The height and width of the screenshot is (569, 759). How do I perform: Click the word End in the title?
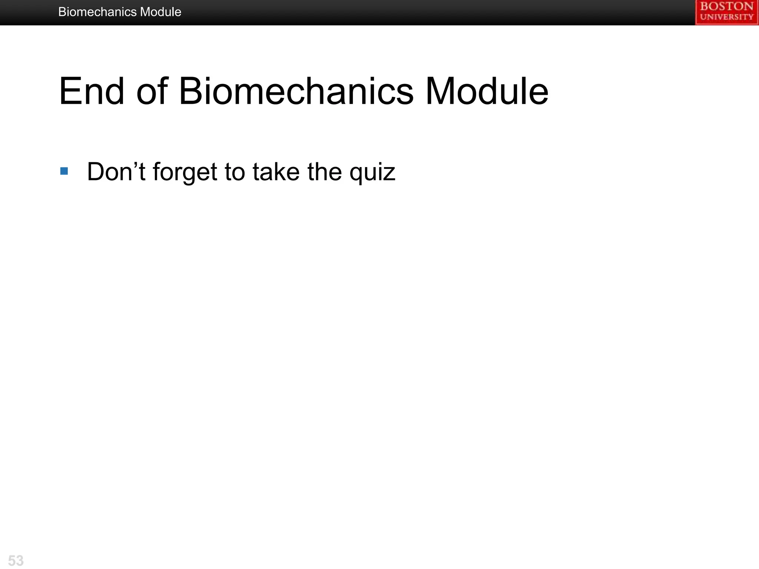click(91, 91)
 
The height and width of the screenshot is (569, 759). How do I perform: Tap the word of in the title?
click(152, 91)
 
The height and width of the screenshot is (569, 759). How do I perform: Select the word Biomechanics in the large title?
click(296, 91)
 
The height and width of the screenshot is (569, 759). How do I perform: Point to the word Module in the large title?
click(486, 91)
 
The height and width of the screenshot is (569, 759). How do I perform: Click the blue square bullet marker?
click(64, 171)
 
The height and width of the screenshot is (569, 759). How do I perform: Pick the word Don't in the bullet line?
click(116, 172)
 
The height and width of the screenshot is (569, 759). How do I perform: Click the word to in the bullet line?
click(235, 172)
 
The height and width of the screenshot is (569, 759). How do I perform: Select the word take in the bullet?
click(276, 172)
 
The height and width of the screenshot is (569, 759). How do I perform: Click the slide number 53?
click(16, 560)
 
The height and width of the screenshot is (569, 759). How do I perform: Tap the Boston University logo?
click(727, 13)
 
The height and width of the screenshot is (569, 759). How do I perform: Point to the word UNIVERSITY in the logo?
click(727, 17)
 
